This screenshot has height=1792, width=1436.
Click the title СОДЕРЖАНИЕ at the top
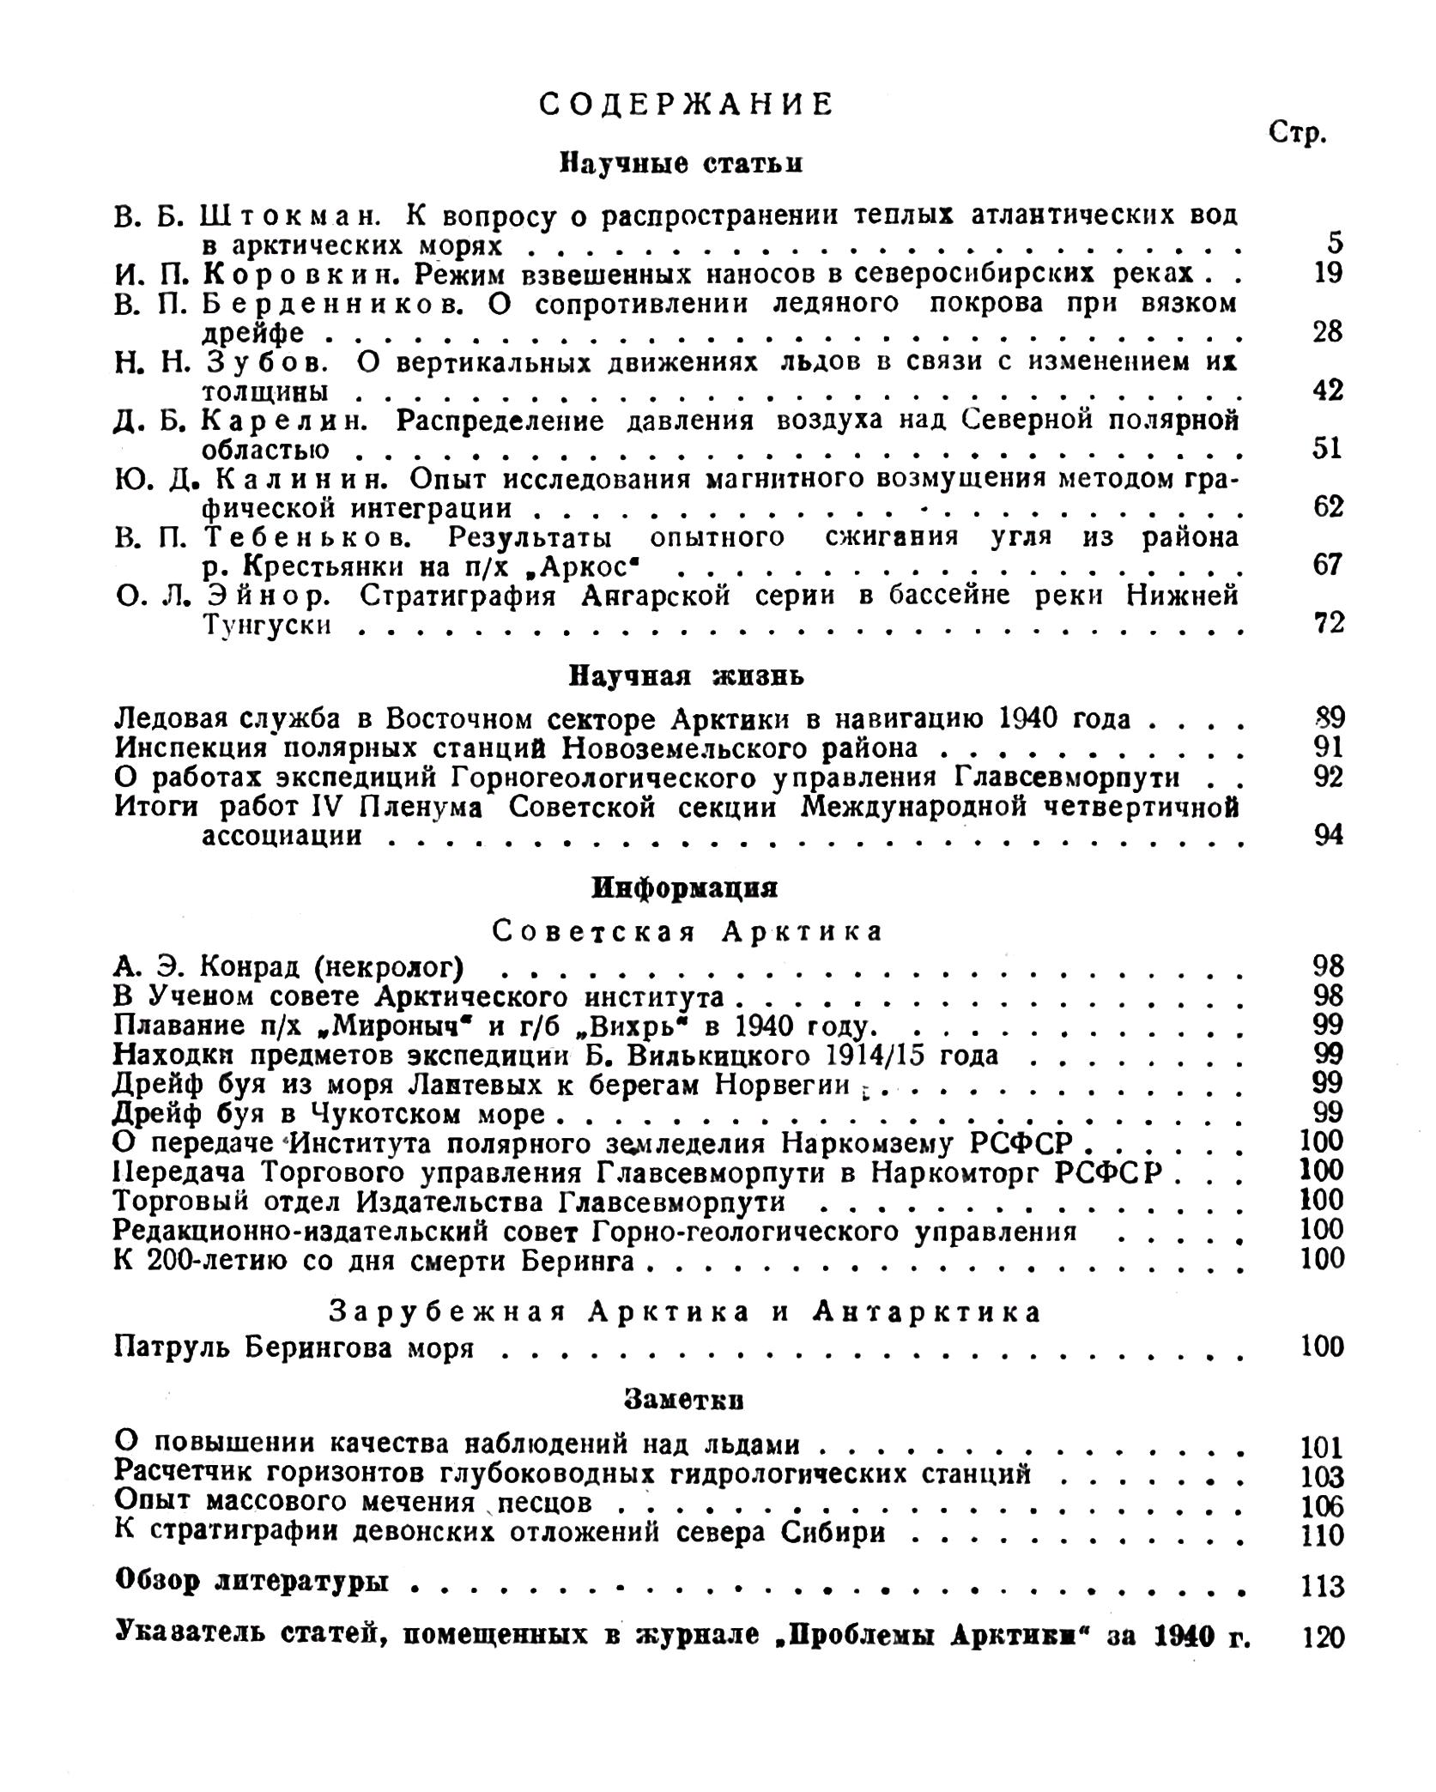click(x=686, y=106)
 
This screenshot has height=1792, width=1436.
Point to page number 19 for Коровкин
click(x=1326, y=274)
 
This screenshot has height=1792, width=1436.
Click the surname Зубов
click(x=266, y=362)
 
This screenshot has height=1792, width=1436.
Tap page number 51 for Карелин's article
click(x=1326, y=449)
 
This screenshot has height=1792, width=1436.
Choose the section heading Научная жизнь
click(x=686, y=676)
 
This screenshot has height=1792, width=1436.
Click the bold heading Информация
click(x=685, y=888)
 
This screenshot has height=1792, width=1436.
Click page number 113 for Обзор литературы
click(x=1322, y=1587)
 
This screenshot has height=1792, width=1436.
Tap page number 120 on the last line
click(x=1323, y=1638)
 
